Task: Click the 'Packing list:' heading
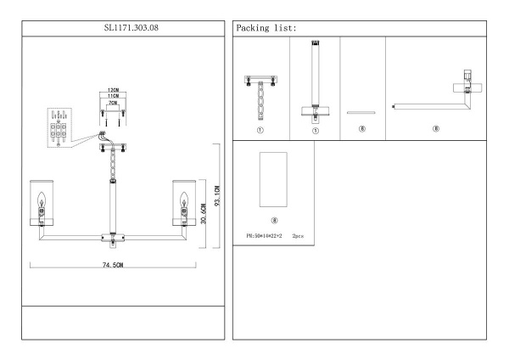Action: pyautogui.click(x=267, y=28)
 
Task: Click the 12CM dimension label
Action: pyautogui.click(x=112, y=89)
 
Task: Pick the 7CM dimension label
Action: pyautogui.click(x=112, y=103)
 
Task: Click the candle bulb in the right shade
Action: pyautogui.click(x=182, y=205)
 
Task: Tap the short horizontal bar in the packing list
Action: pyautogui.click(x=361, y=110)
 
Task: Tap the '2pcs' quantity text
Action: pyautogui.click(x=298, y=231)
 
